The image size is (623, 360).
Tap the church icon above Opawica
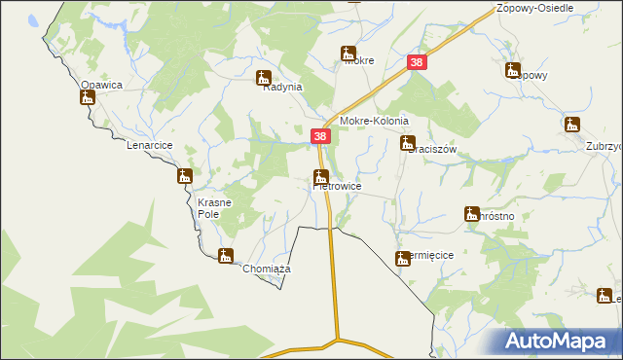[87, 96]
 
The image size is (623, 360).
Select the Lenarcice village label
[149, 145]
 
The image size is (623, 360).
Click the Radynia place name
[283, 87]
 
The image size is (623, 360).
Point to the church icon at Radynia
[263, 77]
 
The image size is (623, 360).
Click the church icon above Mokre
[348, 54]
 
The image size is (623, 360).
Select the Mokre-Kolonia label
[373, 122]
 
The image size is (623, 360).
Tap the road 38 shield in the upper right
[417, 62]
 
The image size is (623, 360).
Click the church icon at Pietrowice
[320, 176]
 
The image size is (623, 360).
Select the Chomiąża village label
[268, 269]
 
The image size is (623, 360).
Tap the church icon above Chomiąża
[226, 256]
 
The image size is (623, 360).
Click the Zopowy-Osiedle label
[533, 7]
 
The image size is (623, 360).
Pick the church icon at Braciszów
[408, 143]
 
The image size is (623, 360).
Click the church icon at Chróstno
[472, 213]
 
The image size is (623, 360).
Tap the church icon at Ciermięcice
[402, 258]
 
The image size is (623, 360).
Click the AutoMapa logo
[560, 341]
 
